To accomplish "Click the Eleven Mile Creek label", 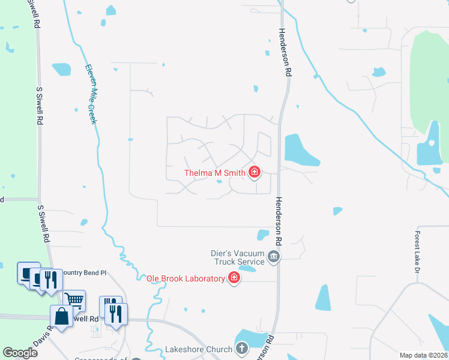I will [x=91, y=94].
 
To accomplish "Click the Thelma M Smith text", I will [x=214, y=173].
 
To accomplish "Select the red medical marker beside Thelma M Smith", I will [x=255, y=173].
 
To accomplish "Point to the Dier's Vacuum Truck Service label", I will [x=238, y=257].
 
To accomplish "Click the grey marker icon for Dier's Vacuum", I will [x=274, y=257].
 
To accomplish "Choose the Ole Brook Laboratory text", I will [x=186, y=278].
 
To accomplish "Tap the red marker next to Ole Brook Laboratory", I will [x=234, y=278].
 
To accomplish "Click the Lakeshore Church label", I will [x=199, y=349].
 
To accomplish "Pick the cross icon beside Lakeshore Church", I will [x=241, y=349].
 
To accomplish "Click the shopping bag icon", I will [x=61, y=316].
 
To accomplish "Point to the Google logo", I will [x=20, y=353].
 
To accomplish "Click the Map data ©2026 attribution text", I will [x=424, y=355].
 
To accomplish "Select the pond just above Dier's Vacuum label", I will [x=263, y=235].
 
